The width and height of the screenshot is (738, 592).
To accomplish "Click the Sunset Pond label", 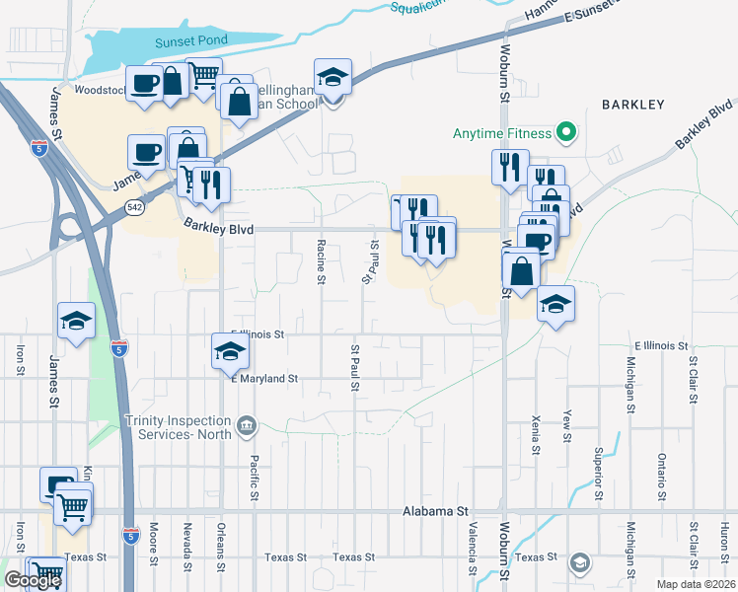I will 191,40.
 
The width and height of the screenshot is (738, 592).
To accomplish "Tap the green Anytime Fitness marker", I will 565,132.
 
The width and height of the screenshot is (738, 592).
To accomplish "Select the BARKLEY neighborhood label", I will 632,104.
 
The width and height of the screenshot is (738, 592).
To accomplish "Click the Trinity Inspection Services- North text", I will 178,426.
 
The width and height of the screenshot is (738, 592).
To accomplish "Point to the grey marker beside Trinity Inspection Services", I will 246,427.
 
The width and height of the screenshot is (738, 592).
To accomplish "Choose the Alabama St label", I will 435,512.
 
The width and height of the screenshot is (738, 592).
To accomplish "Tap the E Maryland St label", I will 263,378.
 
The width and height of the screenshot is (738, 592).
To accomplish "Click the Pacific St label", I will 254,473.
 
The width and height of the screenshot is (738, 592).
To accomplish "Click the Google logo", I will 33,580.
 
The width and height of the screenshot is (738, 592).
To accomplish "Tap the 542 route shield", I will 135,206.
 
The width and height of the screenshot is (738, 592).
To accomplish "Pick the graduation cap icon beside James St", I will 76,319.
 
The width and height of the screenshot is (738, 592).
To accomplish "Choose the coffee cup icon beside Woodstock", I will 144,82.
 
